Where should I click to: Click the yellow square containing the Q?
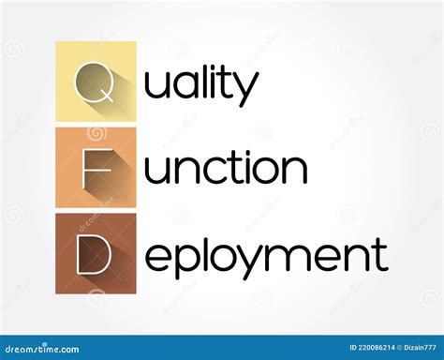pyautogui.click(x=96, y=82)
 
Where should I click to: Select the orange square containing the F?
pyautogui.click(x=96, y=167)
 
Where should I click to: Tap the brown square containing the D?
pyautogui.click(x=96, y=252)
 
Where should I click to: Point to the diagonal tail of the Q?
pyautogui.click(x=110, y=97)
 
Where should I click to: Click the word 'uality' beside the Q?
pyautogui.click(x=200, y=85)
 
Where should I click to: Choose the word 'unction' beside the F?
pyautogui.click(x=225, y=169)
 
